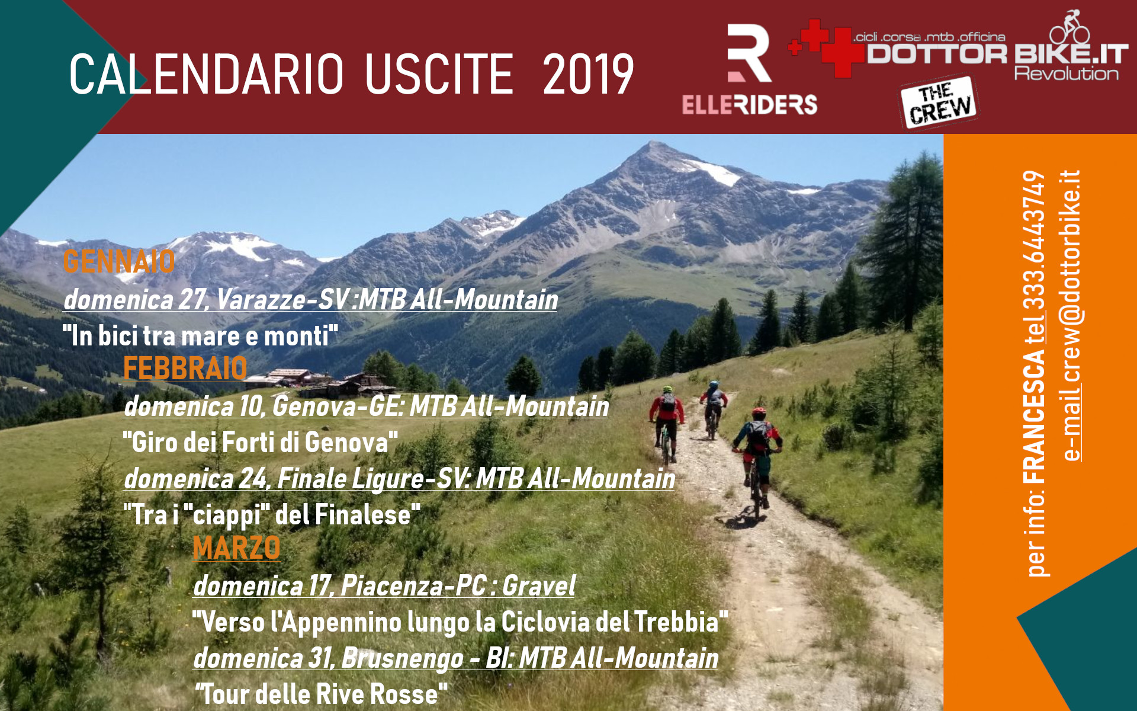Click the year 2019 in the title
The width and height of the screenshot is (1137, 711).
click(588, 74)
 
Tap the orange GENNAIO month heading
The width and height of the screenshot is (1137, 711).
click(118, 261)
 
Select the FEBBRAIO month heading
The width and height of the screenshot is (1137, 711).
click(185, 369)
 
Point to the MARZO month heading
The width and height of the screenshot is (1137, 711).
click(236, 547)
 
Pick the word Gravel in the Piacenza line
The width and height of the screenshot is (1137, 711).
click(539, 586)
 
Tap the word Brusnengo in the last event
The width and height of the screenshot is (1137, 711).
click(403, 658)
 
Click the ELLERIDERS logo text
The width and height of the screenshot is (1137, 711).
click(749, 105)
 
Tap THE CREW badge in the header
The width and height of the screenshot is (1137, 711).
click(939, 102)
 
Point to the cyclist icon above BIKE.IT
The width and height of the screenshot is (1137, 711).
click(1070, 27)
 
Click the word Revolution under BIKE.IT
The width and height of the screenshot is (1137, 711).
click(1066, 74)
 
